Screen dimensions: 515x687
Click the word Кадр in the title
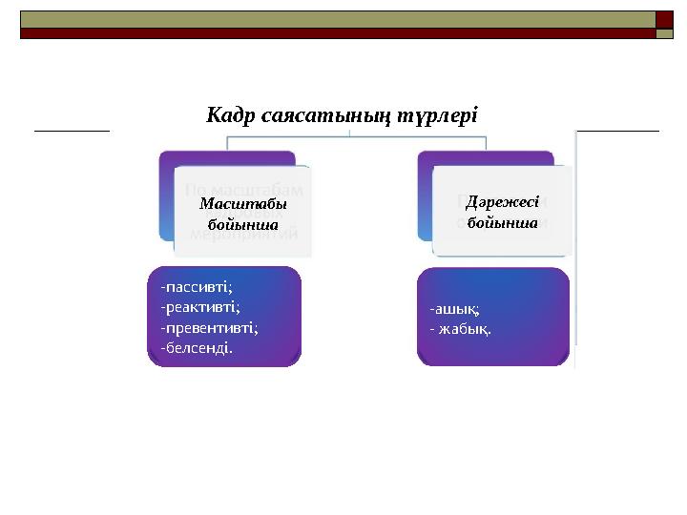click(228, 115)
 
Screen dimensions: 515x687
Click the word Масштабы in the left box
click(243, 205)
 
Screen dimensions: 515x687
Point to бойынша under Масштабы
click(243, 225)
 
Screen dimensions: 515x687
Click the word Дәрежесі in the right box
click(503, 202)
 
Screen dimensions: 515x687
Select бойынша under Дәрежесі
click(503, 222)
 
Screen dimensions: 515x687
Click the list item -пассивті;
click(197, 285)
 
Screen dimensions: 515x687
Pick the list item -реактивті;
click(200, 305)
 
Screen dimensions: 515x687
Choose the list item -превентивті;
click(210, 326)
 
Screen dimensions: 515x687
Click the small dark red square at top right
click(664, 19)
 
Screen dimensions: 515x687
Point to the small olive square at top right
click(664, 33)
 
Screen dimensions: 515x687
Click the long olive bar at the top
click(334, 19)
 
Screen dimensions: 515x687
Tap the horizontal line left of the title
click(73, 127)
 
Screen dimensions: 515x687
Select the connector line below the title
click(353, 136)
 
